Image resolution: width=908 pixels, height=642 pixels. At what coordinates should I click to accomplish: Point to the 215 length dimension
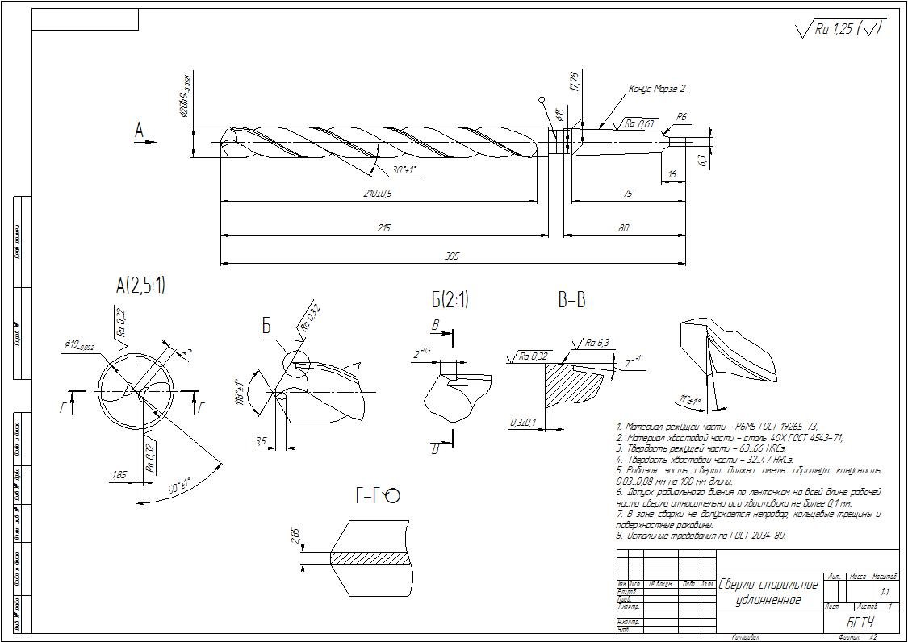(383, 229)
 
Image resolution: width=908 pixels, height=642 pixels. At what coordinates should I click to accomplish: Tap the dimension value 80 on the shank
(623, 229)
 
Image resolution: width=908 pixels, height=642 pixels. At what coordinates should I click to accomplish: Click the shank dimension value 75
(628, 194)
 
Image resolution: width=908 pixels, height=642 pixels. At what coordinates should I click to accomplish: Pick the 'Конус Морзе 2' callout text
(657, 90)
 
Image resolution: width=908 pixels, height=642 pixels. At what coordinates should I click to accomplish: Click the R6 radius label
(682, 118)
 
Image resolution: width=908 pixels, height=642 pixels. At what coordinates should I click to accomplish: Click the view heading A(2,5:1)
(140, 285)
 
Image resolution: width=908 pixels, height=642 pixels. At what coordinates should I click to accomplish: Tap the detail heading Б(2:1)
(450, 300)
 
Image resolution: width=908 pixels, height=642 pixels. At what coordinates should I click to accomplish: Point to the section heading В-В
(571, 301)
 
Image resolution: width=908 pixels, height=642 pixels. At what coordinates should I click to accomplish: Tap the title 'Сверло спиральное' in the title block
(768, 584)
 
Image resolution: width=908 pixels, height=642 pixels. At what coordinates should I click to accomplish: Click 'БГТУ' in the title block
(860, 623)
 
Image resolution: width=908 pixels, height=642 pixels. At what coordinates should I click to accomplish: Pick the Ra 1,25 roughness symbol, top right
(839, 29)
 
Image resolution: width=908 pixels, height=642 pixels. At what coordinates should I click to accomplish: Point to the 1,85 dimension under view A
(119, 475)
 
